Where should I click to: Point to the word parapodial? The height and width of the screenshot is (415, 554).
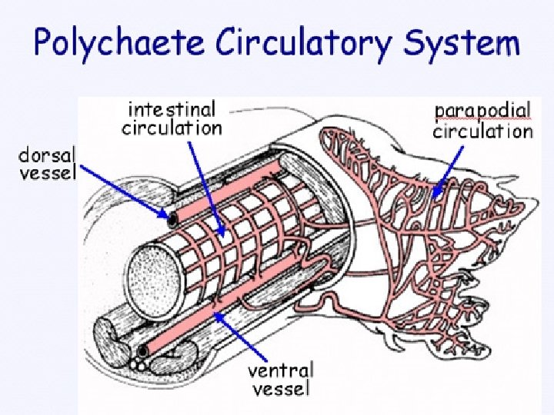[x=482, y=111]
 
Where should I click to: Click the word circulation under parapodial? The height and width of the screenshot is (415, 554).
[x=482, y=131]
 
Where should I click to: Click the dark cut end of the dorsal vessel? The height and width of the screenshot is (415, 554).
[x=173, y=219]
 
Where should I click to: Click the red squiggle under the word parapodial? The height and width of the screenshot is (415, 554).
[x=482, y=121]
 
